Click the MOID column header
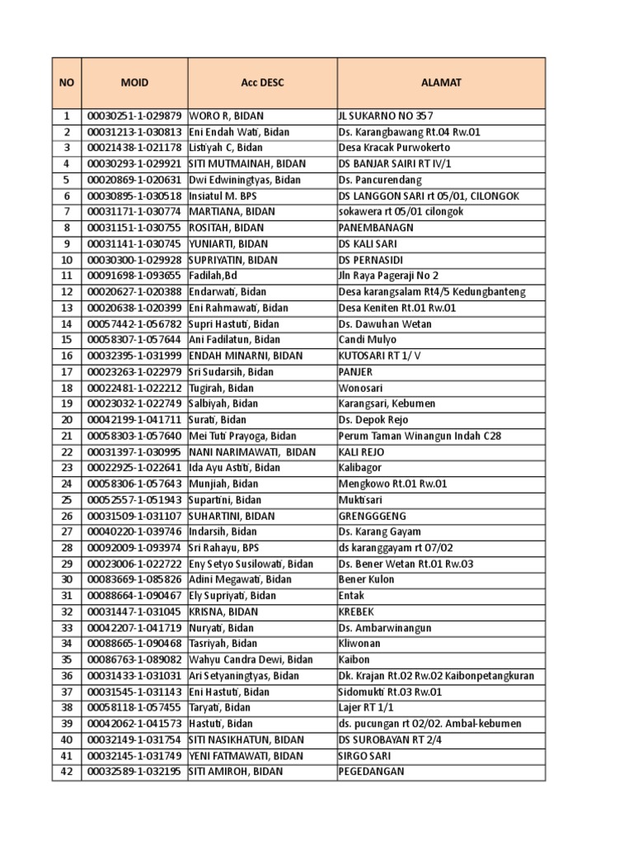click(x=134, y=83)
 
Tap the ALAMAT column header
click(x=441, y=83)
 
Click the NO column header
click(x=67, y=83)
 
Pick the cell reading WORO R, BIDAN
click(x=226, y=116)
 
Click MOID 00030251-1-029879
click(x=134, y=116)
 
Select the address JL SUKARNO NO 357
click(x=386, y=116)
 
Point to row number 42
click(x=67, y=772)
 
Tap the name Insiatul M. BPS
click(x=223, y=196)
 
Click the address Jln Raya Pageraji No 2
click(x=389, y=276)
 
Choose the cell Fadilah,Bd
click(x=213, y=276)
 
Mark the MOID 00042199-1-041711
click(x=134, y=420)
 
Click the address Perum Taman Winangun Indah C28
click(x=420, y=436)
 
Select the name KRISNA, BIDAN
click(x=223, y=611)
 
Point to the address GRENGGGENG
click(x=373, y=516)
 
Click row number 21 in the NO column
click(x=67, y=436)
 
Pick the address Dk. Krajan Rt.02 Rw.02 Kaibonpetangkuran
click(x=436, y=676)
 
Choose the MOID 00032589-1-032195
click(x=134, y=772)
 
